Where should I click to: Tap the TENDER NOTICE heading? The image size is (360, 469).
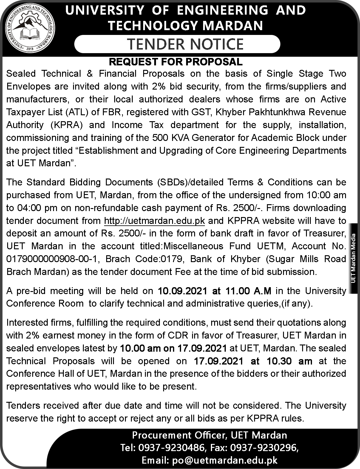[x=186, y=44]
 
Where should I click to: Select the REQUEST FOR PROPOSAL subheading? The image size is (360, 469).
[x=176, y=62]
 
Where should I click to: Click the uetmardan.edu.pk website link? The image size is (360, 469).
[x=154, y=221]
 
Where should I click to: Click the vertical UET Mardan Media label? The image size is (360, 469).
[x=354, y=259]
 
